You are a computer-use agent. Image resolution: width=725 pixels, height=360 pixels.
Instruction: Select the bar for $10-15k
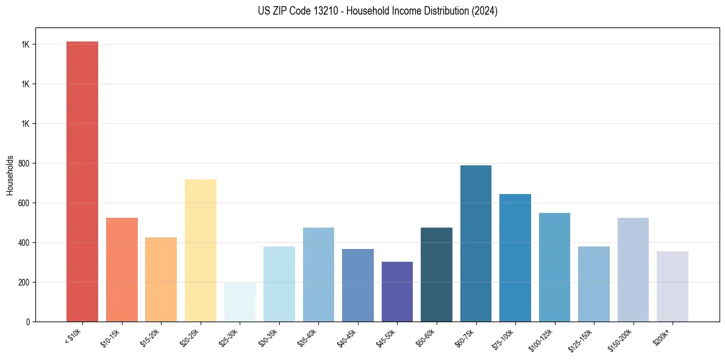point(121,269)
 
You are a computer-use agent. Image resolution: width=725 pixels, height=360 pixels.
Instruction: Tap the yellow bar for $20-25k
point(200,250)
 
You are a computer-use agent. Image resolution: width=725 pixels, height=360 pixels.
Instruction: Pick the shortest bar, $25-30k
point(240,302)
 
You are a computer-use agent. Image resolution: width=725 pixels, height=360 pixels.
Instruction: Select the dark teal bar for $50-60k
point(436,275)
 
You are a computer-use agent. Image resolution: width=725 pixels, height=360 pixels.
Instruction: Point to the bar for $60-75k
point(476,243)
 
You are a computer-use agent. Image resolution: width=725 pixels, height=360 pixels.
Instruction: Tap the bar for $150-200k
point(633,269)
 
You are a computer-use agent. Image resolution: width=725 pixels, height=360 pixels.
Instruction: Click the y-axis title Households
point(10,175)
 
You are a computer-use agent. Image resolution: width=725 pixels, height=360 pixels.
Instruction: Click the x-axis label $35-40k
point(308,337)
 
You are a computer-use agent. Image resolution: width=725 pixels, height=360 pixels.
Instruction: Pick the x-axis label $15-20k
point(151,337)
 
